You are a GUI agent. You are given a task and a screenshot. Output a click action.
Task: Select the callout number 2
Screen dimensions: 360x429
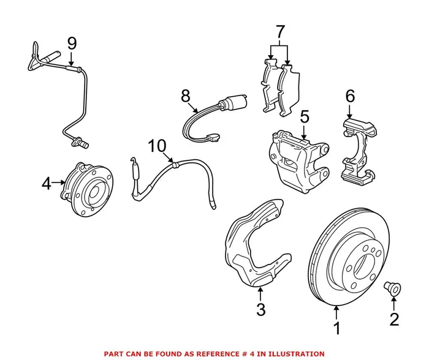(x=393, y=318)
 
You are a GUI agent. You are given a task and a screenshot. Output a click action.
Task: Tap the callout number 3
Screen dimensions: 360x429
(x=260, y=310)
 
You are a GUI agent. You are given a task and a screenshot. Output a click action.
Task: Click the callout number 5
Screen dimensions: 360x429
(x=305, y=116)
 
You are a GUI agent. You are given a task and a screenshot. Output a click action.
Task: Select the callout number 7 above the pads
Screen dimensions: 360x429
(x=280, y=31)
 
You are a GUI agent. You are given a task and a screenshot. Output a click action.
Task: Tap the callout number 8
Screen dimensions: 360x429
(x=186, y=96)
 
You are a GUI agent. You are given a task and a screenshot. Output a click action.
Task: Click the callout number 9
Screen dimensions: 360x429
(x=72, y=43)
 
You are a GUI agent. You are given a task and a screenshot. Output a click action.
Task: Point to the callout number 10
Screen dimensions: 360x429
(x=157, y=146)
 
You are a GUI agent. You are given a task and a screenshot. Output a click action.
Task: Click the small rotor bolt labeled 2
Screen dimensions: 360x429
(x=392, y=287)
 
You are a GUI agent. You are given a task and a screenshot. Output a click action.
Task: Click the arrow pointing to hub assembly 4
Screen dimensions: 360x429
(x=59, y=182)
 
